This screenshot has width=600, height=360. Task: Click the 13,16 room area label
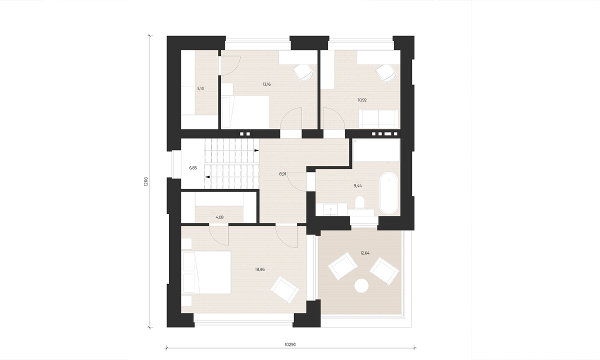(x=267, y=84)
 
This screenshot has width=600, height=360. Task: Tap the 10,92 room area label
(x=362, y=100)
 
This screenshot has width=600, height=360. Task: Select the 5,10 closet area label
(x=200, y=88)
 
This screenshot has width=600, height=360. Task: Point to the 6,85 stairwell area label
(x=193, y=168)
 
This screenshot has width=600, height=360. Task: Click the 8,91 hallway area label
(x=282, y=174)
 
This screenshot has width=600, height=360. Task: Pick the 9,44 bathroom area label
(x=357, y=185)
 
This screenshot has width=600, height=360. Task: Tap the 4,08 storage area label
(x=219, y=217)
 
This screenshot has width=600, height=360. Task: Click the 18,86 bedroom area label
(x=260, y=269)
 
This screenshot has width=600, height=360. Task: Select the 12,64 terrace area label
(x=365, y=253)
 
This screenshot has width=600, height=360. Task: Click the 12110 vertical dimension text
(x=145, y=181)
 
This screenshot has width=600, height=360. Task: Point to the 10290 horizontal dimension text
(x=290, y=344)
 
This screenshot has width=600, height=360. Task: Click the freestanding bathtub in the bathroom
(x=389, y=193)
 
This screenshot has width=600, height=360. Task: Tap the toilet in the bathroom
(x=359, y=202)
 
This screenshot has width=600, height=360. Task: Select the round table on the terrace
(x=361, y=286)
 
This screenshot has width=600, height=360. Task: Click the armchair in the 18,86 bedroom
(x=284, y=289)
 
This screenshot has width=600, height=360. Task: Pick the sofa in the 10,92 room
(x=378, y=118)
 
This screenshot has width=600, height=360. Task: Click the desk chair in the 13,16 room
(x=303, y=73)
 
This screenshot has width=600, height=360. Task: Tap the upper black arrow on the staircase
(x=256, y=150)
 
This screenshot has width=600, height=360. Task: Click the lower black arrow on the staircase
(x=207, y=177)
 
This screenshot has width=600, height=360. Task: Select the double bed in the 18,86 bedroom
(x=206, y=272)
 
